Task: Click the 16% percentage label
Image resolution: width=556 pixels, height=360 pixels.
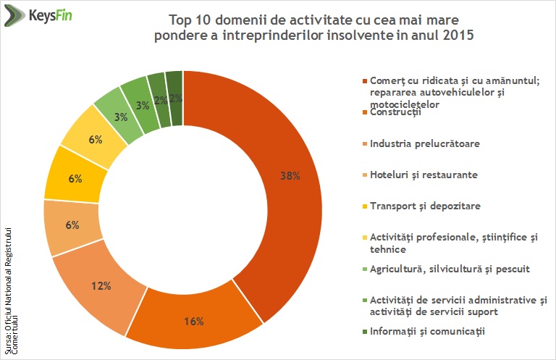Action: click(194, 321)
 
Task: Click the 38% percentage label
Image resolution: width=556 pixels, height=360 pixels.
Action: click(290, 175)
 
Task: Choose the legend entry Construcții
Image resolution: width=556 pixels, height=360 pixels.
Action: click(395, 112)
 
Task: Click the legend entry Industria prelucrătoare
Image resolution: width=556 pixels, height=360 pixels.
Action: click(424, 143)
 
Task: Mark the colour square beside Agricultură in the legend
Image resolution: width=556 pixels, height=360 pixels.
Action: click(363, 269)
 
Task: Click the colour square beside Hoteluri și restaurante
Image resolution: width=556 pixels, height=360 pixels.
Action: click(363, 175)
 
